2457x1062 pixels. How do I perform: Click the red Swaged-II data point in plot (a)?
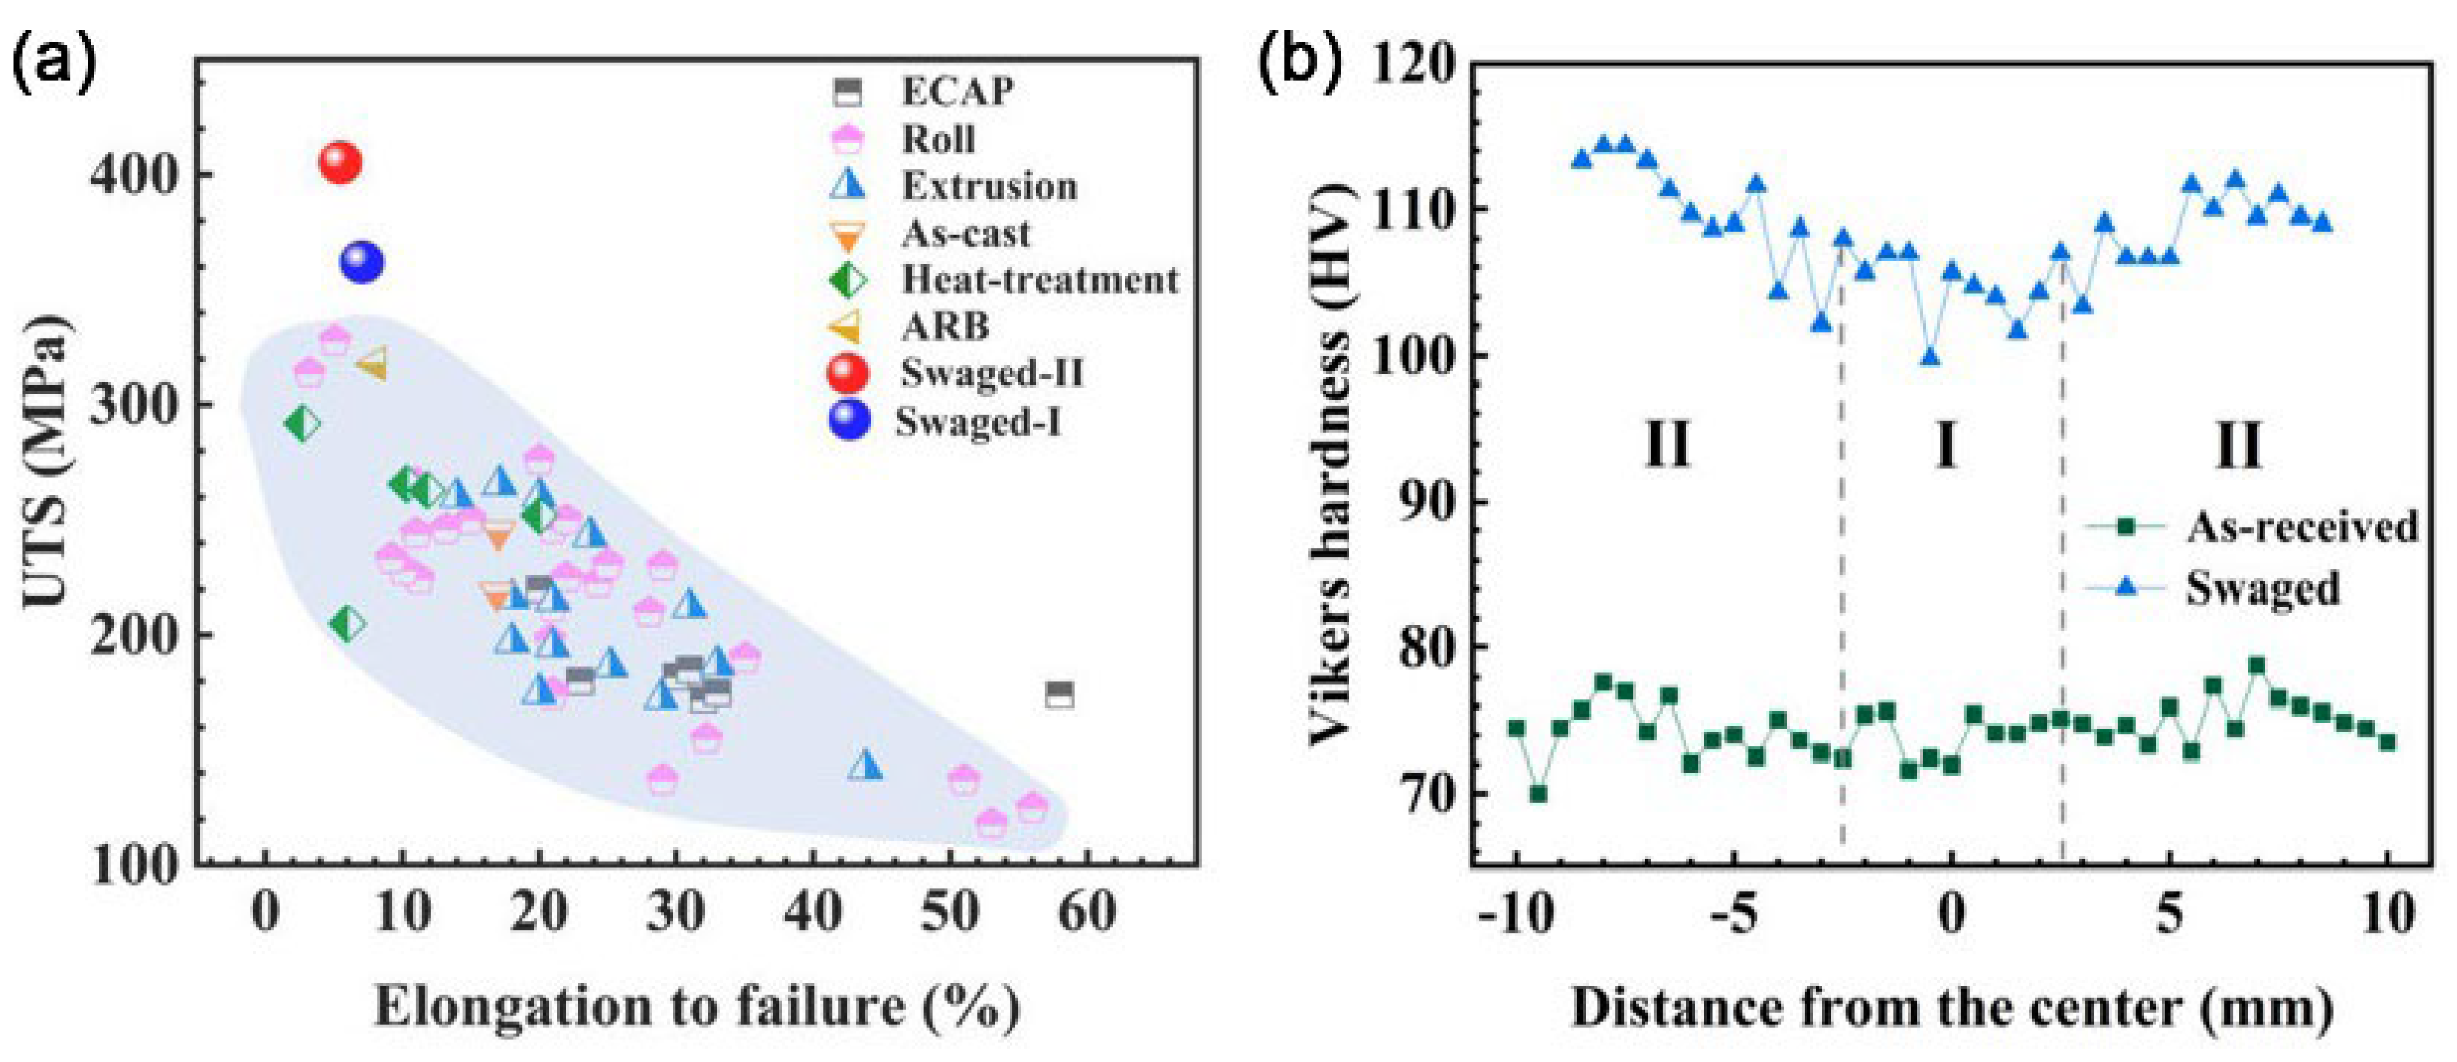(341, 163)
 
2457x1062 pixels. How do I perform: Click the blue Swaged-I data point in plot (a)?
(361, 261)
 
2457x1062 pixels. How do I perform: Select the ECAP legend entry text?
(958, 91)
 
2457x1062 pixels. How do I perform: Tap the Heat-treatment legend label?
(1040, 281)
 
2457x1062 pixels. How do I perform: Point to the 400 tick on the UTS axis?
(133, 175)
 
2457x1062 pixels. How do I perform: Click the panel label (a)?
(54, 65)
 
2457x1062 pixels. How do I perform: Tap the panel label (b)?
(1301, 65)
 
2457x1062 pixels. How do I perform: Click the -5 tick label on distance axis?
(1733, 913)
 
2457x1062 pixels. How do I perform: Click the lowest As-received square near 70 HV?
(1537, 794)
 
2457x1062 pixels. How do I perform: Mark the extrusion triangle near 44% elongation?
(865, 765)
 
